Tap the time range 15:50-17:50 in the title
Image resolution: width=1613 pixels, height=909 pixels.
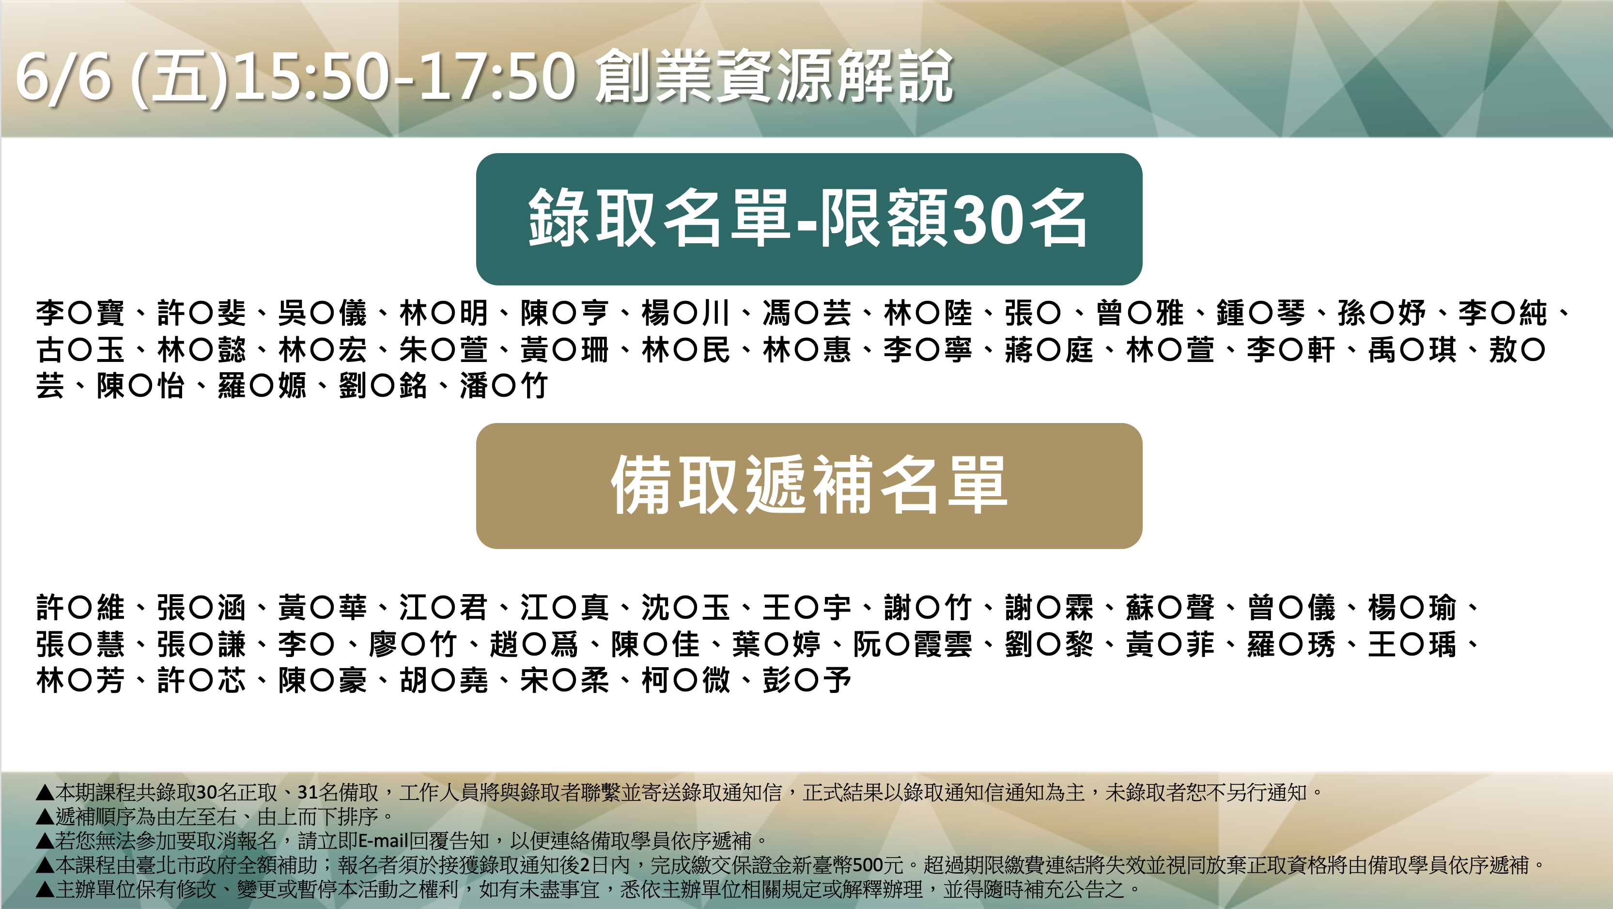pyautogui.click(x=404, y=77)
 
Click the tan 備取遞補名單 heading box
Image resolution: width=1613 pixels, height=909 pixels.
pyautogui.click(x=809, y=486)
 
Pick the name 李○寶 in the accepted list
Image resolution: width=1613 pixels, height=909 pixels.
pyautogui.click(x=80, y=313)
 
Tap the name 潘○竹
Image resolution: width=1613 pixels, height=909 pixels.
pyautogui.click(x=504, y=385)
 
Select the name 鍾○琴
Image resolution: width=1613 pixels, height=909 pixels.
pyautogui.click(x=1260, y=313)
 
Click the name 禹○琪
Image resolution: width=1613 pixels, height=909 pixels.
pyautogui.click(x=1412, y=349)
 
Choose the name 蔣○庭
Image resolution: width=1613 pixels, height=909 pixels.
pyautogui.click(x=1049, y=349)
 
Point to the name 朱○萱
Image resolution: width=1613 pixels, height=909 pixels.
pyautogui.click(x=443, y=349)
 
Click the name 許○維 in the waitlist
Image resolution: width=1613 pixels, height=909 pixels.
pyautogui.click(x=80, y=607)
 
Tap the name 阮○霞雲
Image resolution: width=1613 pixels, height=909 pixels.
pyautogui.click(x=912, y=643)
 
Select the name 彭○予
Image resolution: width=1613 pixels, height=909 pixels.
pyautogui.click(x=806, y=680)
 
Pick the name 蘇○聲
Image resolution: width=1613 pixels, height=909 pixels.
pyautogui.click(x=1170, y=607)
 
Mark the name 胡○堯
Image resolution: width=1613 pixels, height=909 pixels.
pyautogui.click(x=443, y=680)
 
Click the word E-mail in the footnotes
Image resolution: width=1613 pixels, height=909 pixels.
pyautogui.click(x=383, y=840)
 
